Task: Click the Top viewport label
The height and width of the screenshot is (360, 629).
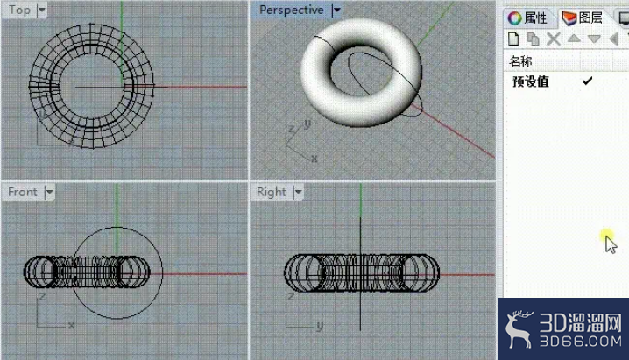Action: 19,10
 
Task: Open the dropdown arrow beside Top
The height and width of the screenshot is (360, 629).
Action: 42,10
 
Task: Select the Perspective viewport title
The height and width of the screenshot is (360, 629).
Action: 291,10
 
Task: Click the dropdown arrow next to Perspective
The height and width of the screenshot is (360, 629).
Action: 336,10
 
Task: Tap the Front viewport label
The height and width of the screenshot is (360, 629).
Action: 23,192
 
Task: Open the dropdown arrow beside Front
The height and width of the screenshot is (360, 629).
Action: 49,192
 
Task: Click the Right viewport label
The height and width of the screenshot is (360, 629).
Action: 272,192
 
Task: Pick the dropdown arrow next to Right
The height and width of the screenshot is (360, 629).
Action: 298,192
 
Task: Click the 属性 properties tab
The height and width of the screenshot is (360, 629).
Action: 527,18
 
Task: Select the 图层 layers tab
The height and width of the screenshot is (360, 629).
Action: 583,18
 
